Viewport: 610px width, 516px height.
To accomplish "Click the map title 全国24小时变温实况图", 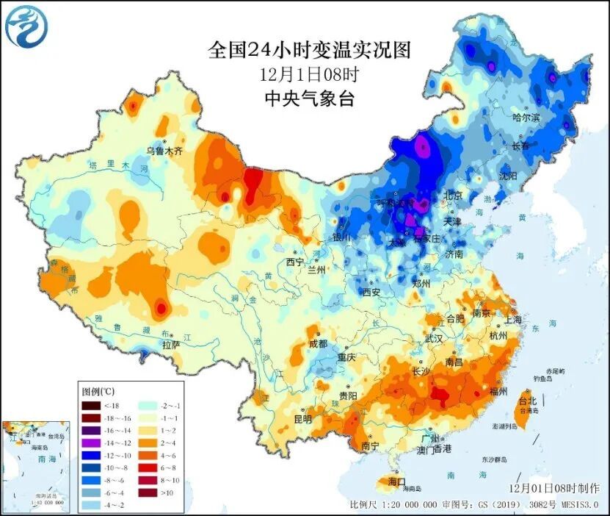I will point(309,50).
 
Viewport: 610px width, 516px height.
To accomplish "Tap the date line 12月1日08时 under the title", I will point(308,74).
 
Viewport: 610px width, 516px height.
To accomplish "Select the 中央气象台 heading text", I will point(308,98).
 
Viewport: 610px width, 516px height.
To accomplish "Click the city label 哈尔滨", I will point(526,118).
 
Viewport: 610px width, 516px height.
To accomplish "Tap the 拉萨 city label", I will point(170,344).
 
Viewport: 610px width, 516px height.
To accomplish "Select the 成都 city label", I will point(318,343).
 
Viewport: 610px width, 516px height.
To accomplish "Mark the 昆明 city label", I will point(302,419).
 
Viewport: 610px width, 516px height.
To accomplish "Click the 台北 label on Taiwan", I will point(527,401).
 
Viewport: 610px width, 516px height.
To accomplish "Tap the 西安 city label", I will point(371,292).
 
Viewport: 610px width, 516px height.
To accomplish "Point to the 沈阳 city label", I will point(506,176).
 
